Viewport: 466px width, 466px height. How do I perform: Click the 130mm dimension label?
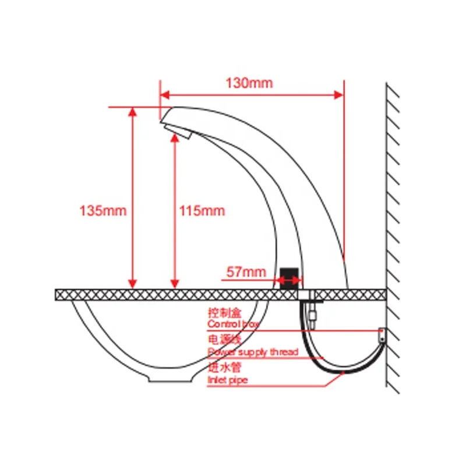pyautogui.click(x=249, y=83)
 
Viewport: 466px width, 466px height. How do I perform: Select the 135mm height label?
pyautogui.click(x=103, y=210)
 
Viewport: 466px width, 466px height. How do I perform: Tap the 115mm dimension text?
pyautogui.click(x=202, y=210)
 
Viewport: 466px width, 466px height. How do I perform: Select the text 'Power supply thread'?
pyautogui.click(x=253, y=352)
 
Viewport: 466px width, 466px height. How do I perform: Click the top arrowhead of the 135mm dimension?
pyautogui.click(x=133, y=111)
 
